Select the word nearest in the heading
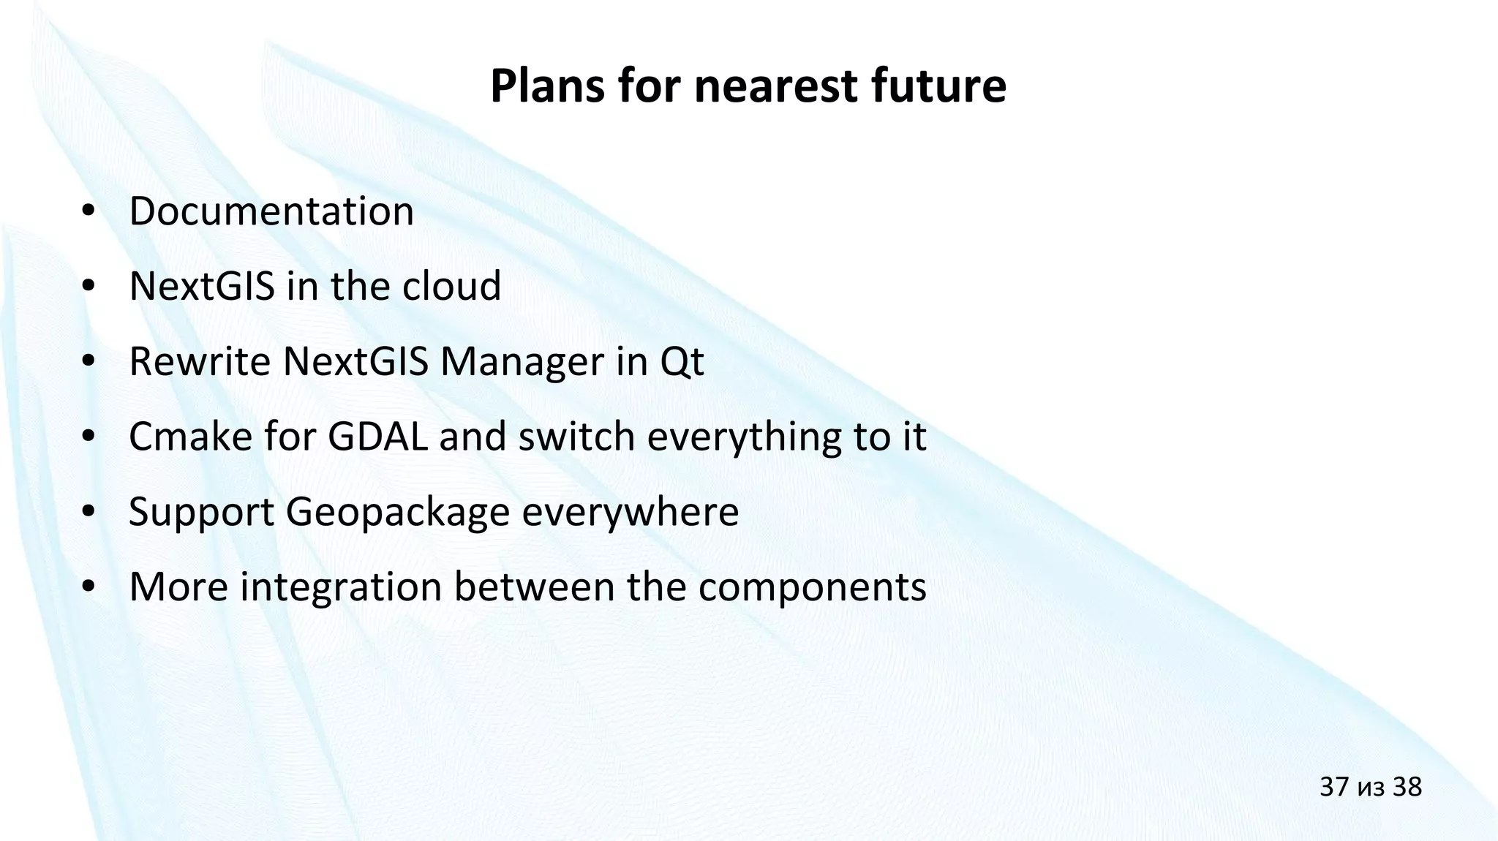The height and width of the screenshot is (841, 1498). pyautogui.click(x=775, y=86)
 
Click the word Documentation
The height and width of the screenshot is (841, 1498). pyautogui.click(x=271, y=211)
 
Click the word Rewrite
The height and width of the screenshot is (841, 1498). pyautogui.click(x=199, y=361)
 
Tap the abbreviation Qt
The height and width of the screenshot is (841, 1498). pyautogui.click(x=682, y=363)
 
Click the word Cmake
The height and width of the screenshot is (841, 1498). pyautogui.click(x=190, y=437)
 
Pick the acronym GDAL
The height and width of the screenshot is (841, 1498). pyautogui.click(x=377, y=437)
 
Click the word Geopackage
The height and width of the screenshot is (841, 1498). pyautogui.click(x=396, y=513)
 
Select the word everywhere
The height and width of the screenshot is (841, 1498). pyautogui.click(x=630, y=512)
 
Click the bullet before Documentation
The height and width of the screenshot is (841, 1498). pyautogui.click(x=89, y=212)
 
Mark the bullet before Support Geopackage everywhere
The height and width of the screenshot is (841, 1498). pyautogui.click(x=89, y=513)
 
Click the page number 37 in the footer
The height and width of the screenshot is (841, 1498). pyautogui.click(x=1333, y=787)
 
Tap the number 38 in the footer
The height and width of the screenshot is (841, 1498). pyautogui.click(x=1407, y=787)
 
